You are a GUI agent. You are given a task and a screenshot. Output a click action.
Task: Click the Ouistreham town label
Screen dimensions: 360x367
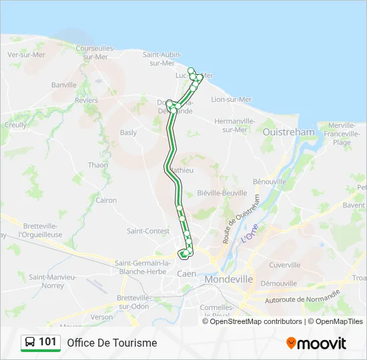pyautogui.click(x=288, y=132)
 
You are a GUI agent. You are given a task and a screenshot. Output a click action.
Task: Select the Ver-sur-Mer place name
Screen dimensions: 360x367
pyautogui.click(x=26, y=55)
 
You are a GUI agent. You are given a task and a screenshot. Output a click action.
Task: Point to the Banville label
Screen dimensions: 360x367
pyautogui.click(x=64, y=85)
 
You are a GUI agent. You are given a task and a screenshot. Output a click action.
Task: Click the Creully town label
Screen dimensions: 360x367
pyautogui.click(x=15, y=125)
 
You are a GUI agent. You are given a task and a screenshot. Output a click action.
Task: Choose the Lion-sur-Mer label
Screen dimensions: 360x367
pyautogui.click(x=231, y=99)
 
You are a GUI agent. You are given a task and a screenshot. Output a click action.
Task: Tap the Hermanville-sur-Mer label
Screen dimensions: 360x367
pyautogui.click(x=235, y=125)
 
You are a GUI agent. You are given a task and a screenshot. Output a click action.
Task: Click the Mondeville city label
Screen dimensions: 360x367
pyautogui.click(x=229, y=279)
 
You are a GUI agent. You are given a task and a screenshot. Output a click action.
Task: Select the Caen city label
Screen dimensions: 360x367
pyautogui.click(x=186, y=273)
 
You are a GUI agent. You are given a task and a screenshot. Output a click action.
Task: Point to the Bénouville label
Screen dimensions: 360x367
pyautogui.click(x=270, y=181)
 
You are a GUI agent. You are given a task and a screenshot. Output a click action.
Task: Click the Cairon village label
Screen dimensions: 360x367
pyautogui.click(x=106, y=200)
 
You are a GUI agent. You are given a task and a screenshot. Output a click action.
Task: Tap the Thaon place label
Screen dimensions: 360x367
pyautogui.click(x=97, y=165)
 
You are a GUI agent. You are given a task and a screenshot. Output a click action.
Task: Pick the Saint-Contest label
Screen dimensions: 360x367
pyautogui.click(x=147, y=231)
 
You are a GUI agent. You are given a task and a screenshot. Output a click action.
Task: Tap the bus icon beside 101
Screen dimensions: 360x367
pyautogui.click(x=29, y=343)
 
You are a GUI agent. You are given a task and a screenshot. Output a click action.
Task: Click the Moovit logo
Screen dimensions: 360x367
pyautogui.click(x=316, y=343)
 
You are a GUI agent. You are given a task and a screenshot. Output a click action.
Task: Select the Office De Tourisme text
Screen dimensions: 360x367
pyautogui.click(x=111, y=343)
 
